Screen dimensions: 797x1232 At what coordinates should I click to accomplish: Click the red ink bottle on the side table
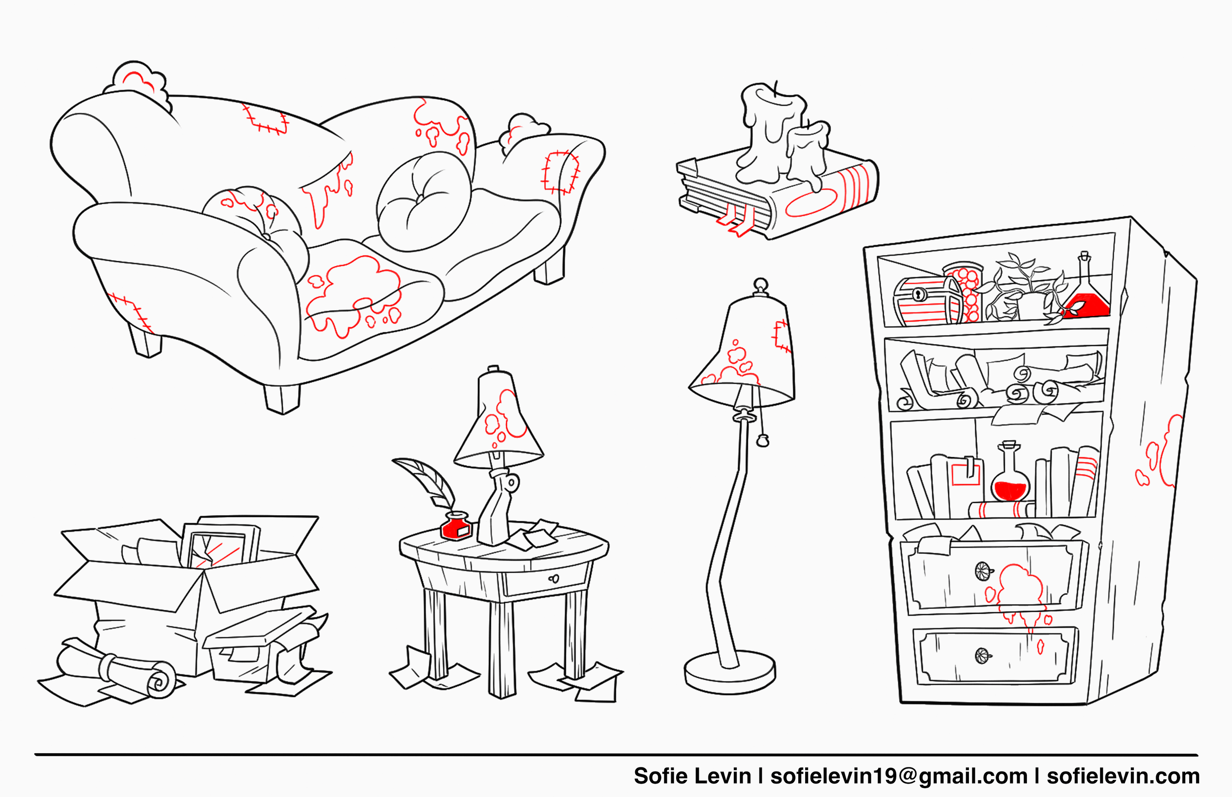click(455, 527)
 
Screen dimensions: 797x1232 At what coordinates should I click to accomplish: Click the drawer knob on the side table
click(554, 578)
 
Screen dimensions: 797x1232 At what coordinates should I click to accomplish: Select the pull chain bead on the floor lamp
click(762, 441)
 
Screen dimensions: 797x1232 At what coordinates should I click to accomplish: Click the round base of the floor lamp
click(729, 672)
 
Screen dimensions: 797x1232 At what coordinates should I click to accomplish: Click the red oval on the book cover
click(811, 203)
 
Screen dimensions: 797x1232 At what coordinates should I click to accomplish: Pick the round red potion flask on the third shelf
click(1010, 479)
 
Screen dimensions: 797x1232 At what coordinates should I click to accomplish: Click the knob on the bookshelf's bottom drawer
click(982, 656)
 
